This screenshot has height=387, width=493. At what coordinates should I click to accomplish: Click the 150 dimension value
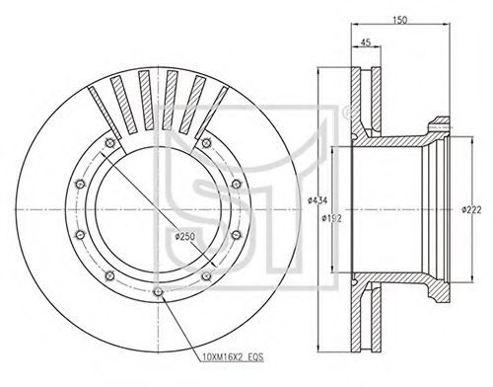(x=400, y=20)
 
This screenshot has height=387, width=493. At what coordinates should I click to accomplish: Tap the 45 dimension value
(x=366, y=42)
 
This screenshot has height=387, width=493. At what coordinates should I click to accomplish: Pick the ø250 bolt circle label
(x=185, y=236)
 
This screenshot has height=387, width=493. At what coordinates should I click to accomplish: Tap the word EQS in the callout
(x=255, y=357)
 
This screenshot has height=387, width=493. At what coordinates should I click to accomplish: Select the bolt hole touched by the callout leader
(x=158, y=292)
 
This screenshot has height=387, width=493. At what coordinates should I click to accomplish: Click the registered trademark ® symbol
(x=346, y=113)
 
